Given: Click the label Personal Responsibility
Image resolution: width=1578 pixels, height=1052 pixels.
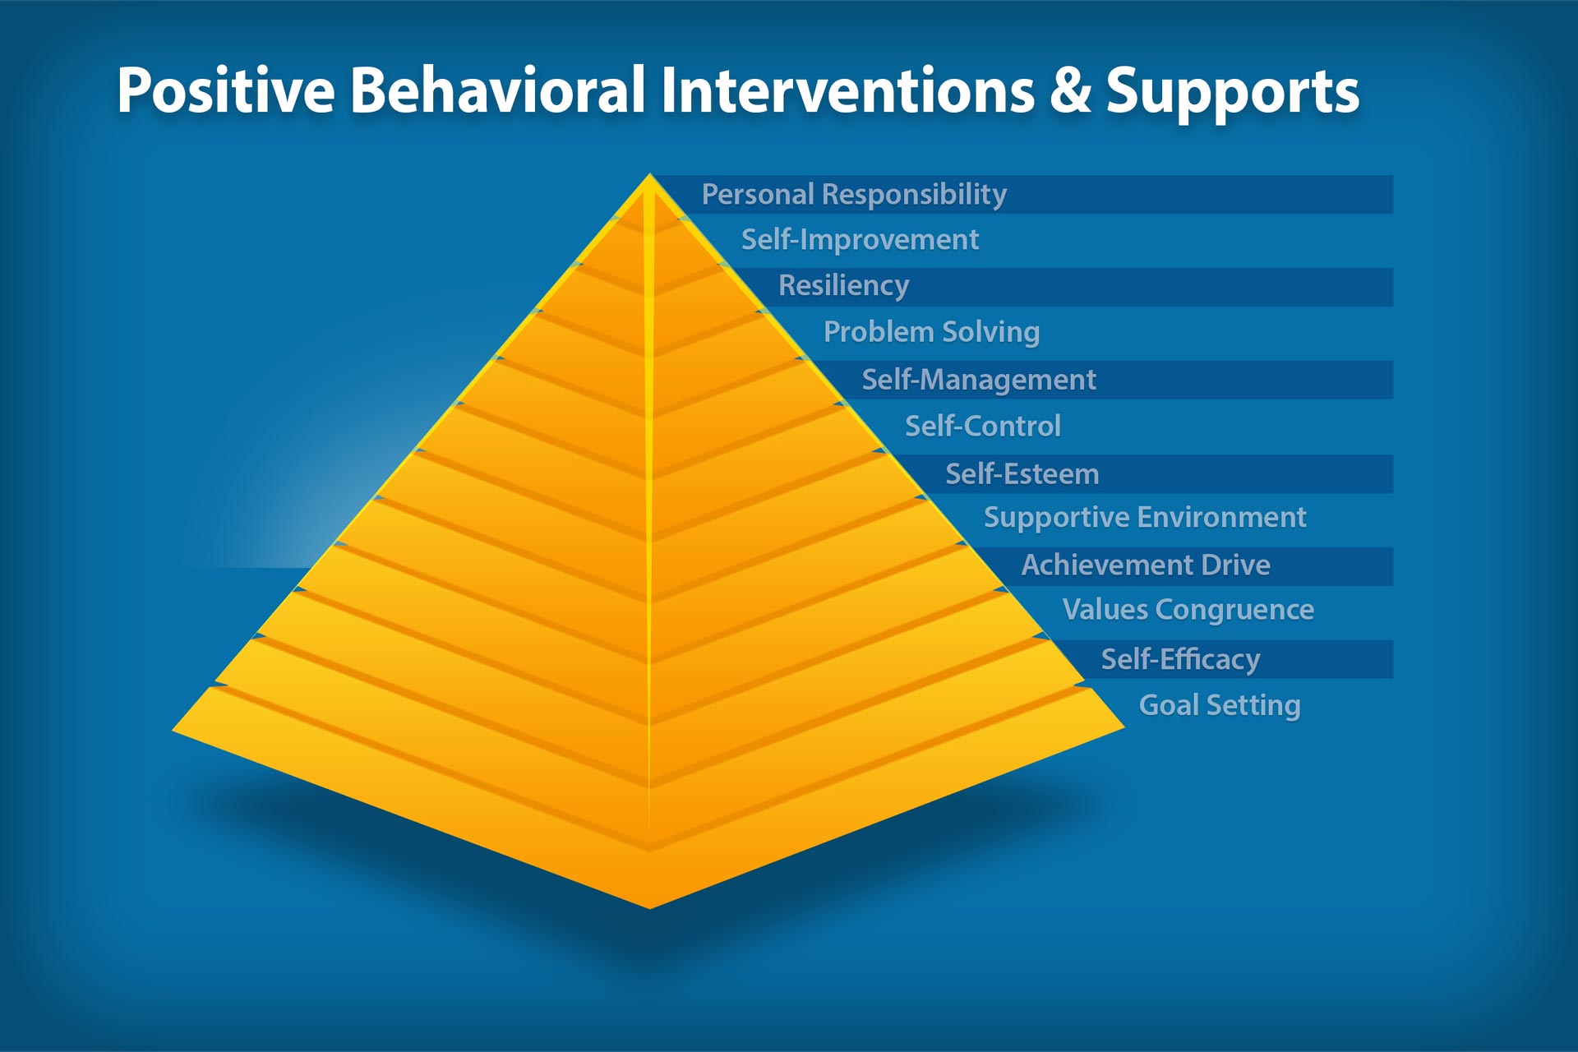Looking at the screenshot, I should [854, 195].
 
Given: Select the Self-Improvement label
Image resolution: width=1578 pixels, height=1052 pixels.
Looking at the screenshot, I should [860, 240].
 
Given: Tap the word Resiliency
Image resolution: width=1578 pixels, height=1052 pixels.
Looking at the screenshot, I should [843, 285].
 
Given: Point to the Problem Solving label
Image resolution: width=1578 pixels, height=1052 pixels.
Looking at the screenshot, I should [931, 332].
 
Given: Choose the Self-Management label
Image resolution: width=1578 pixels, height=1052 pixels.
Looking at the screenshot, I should [978, 380].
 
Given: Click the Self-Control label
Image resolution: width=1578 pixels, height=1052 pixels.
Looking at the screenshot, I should [982, 427].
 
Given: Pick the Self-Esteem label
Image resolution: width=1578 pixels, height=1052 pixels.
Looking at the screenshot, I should [1022, 474].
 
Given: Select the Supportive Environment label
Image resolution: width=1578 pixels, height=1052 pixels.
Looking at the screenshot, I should [1144, 518].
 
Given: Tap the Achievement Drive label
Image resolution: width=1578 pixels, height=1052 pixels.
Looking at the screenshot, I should [1146, 565].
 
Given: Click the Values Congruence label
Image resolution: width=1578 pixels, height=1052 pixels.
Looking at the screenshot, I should [1188, 610].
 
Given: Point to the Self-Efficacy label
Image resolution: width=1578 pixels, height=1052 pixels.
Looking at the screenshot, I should [1180, 659].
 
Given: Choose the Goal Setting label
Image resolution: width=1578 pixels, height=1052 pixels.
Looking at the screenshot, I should [1219, 705].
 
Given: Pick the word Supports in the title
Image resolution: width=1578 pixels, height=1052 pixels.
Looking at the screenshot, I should [1232, 92].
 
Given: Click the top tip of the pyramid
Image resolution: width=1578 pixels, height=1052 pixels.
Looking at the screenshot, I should [650, 176].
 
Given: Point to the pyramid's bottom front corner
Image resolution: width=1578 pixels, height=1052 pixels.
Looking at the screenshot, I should [649, 907].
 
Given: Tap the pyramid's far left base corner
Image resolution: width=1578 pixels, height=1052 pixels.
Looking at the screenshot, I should [174, 729].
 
